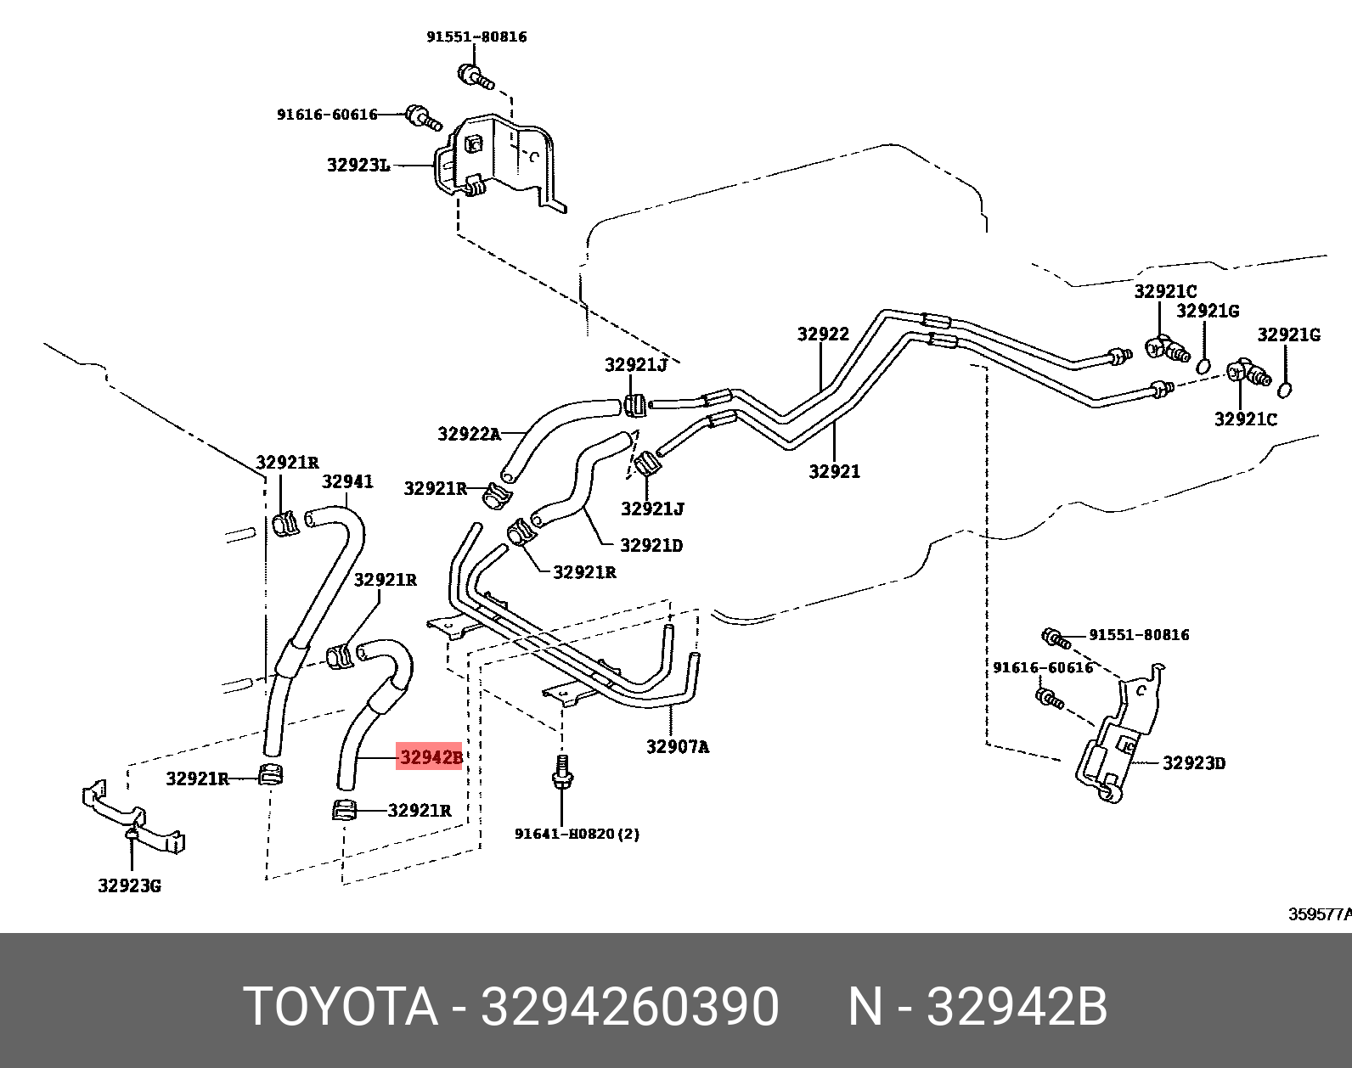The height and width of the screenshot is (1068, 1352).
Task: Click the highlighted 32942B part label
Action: (430, 756)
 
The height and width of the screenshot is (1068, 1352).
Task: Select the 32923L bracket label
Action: (358, 165)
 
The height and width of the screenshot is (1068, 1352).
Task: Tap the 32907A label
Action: (677, 747)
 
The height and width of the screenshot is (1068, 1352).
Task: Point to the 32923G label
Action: (129, 886)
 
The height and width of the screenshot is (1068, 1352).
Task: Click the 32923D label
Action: (1193, 763)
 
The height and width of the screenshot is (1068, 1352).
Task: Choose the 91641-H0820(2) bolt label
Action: (577, 834)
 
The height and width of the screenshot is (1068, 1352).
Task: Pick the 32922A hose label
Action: (469, 434)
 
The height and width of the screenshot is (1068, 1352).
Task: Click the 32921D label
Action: (651, 545)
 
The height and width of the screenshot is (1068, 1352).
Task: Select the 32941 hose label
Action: (347, 482)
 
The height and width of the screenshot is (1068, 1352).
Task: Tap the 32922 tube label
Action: (823, 334)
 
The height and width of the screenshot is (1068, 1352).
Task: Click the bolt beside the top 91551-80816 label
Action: (475, 76)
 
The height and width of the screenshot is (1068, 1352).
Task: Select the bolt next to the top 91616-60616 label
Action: (420, 115)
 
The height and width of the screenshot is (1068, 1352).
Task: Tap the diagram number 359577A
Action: (1319, 914)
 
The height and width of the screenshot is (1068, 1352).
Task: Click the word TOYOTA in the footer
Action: (341, 1008)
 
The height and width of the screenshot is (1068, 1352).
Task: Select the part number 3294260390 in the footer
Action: (629, 1008)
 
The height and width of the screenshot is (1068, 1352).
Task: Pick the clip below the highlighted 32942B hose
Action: (343, 811)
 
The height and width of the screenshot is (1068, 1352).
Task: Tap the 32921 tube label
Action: (834, 472)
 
